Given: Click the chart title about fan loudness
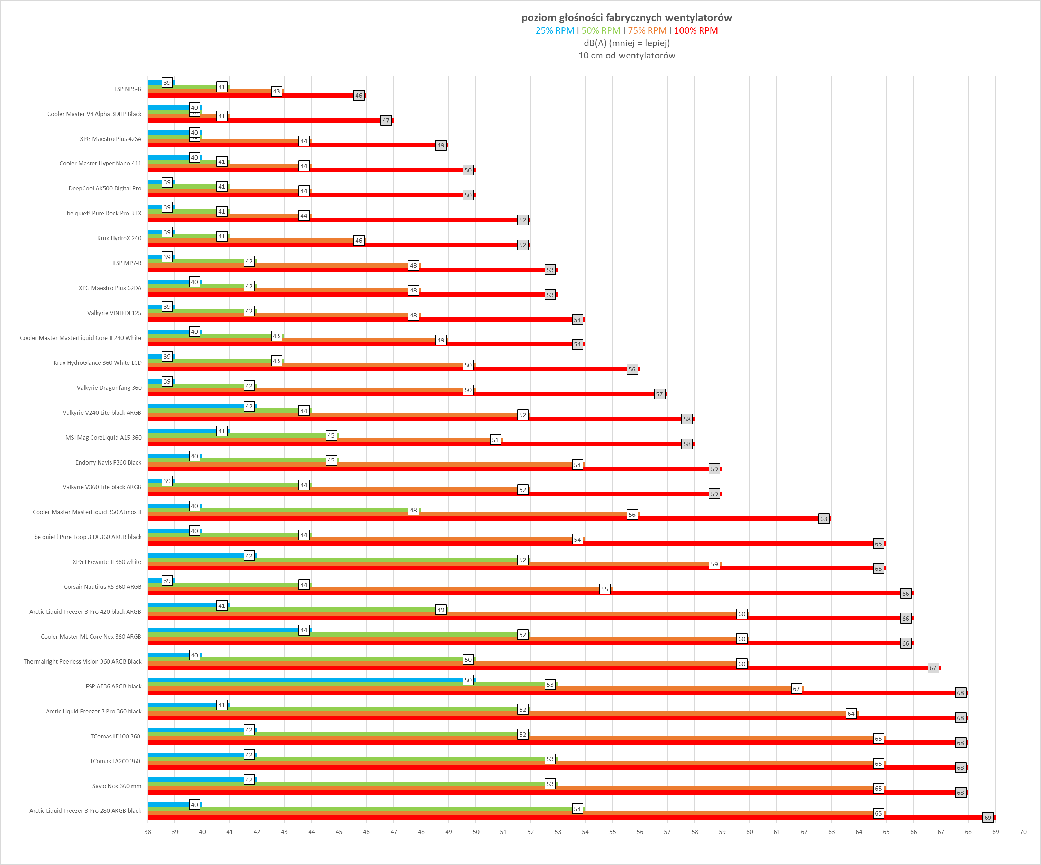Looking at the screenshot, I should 626,18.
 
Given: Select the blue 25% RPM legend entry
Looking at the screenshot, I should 554,31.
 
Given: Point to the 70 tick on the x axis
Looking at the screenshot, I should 1023,832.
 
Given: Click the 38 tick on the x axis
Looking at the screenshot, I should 148,832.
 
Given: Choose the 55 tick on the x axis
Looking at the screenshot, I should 612,832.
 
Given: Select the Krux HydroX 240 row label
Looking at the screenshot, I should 119,238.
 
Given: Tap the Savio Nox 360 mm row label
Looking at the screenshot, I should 117,786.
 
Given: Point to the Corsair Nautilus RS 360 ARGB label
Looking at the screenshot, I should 103,587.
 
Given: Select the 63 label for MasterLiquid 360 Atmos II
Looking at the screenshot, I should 823,519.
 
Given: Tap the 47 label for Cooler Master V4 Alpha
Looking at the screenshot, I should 386,120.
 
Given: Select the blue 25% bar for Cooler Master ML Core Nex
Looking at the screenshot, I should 223,630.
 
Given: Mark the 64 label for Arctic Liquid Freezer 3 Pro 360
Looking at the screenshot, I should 851,714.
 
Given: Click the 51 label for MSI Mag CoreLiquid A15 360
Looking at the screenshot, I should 495,440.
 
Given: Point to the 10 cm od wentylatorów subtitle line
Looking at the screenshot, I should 626,55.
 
